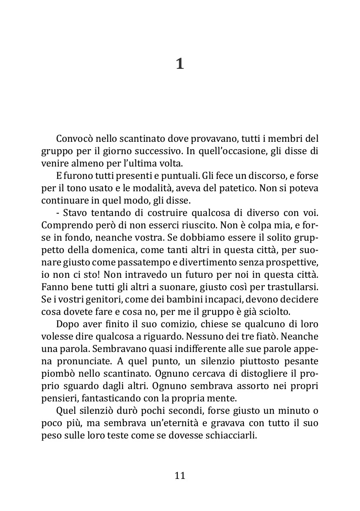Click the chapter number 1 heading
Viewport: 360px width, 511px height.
[x=180, y=64]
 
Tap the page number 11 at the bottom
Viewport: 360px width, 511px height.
[x=180, y=475]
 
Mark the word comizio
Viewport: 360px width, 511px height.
[x=165, y=324]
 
